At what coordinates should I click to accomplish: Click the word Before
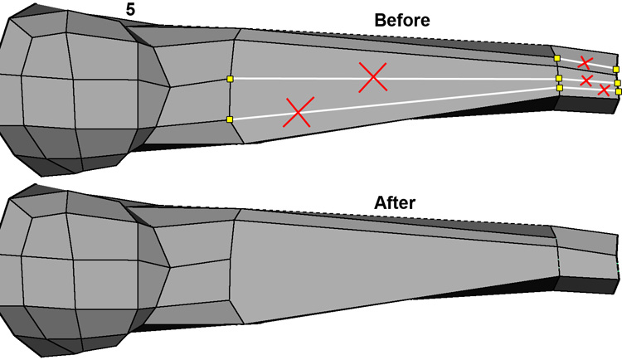(402, 21)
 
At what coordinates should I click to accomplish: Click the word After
(395, 202)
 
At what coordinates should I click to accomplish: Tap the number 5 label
(131, 11)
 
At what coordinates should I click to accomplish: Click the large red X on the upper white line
(373, 77)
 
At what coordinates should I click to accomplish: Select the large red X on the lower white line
(298, 112)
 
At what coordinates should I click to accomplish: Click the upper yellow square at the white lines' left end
(230, 79)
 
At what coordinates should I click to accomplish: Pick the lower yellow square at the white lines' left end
(229, 120)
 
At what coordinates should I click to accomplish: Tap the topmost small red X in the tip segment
(585, 62)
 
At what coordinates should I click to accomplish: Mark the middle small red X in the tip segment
(586, 80)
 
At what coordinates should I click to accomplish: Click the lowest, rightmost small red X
(604, 90)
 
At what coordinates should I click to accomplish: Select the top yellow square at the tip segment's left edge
(557, 59)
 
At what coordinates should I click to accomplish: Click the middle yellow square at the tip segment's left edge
(559, 79)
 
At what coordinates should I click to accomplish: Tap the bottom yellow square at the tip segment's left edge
(560, 87)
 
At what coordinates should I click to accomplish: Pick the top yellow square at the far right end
(615, 70)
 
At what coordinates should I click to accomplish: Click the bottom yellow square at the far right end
(618, 91)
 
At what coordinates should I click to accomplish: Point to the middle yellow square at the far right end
(617, 83)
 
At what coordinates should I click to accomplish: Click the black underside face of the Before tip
(585, 104)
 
